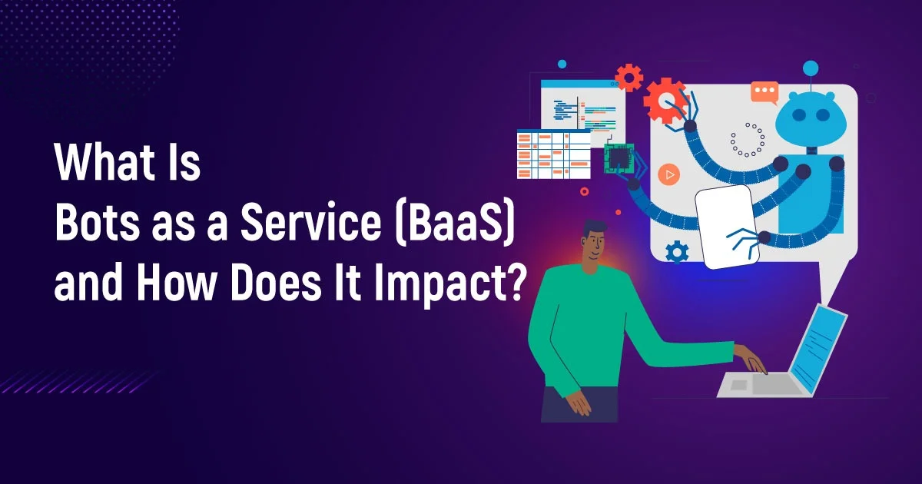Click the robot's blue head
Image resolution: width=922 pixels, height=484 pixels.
pyautogui.click(x=811, y=118)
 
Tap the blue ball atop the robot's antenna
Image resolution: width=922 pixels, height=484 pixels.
pyautogui.click(x=811, y=68)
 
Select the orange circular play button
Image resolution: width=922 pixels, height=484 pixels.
pyautogui.click(x=669, y=174)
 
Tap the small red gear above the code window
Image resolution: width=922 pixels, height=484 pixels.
pyautogui.click(x=629, y=77)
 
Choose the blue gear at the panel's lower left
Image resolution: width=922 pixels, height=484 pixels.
pyautogui.click(x=677, y=252)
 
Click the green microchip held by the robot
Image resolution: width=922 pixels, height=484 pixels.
pyautogui.click(x=619, y=158)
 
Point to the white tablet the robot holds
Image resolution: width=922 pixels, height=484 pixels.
pyautogui.click(x=727, y=227)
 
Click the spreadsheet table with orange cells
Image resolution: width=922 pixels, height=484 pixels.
pyautogui.click(x=554, y=154)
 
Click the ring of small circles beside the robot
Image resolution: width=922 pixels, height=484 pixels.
pyautogui.click(x=748, y=140)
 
